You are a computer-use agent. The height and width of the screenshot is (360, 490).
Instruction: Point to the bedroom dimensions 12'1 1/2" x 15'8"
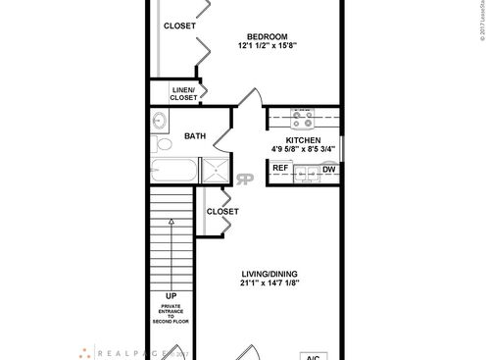point(268,44)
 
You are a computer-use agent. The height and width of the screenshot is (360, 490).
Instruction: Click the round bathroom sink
point(162,121)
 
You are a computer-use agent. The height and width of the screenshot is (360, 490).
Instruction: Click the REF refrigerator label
point(280,169)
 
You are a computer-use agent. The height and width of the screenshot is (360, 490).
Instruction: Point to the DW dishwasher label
point(329,169)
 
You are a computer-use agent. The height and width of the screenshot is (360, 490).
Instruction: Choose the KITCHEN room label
point(303,140)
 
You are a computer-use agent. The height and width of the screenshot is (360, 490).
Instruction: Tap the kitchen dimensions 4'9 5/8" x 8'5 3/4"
point(303,150)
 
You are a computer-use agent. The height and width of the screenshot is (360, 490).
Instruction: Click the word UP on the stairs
point(171,294)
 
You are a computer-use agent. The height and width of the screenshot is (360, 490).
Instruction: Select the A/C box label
point(313,355)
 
